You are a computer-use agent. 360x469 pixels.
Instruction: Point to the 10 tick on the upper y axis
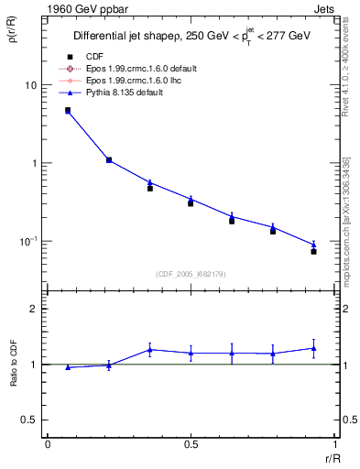pyautogui.click(x=30, y=85)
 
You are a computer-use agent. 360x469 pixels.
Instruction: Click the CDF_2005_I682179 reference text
pyautogui.click(x=191, y=274)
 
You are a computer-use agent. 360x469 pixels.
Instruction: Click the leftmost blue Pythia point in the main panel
pyautogui.click(x=68, y=111)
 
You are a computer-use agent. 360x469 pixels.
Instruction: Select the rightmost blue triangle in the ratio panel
pyautogui.click(x=313, y=348)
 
